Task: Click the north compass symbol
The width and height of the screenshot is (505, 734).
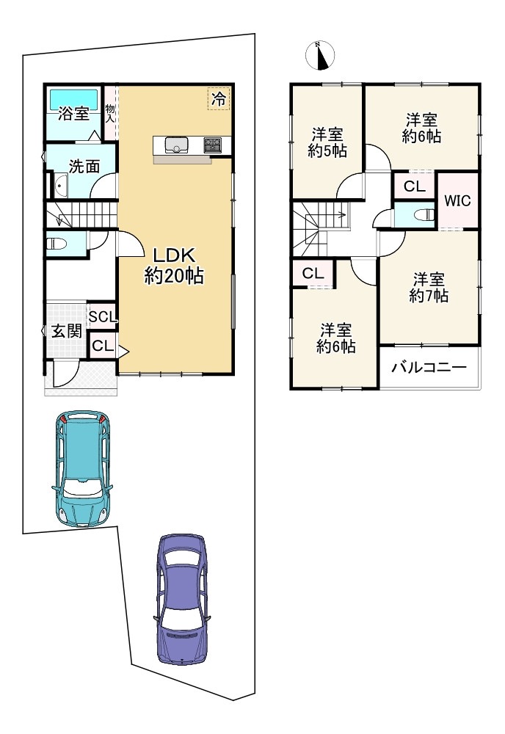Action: pos(319,55)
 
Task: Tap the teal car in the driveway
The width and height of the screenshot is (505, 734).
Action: pos(82,469)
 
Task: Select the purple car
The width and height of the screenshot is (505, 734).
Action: pos(181,599)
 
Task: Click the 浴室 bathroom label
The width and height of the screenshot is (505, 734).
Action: pos(73,113)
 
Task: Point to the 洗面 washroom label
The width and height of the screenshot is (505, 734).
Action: pos(84,166)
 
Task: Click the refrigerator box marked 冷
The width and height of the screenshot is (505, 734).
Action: pos(219,99)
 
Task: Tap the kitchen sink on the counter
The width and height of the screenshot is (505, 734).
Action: pos(176,145)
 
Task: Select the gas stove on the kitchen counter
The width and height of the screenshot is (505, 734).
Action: pos(214,145)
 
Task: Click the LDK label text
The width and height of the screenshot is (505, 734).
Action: pos(174,256)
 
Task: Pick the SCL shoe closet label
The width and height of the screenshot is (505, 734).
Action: pos(103,317)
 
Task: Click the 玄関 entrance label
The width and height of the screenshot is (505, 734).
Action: pos(67,331)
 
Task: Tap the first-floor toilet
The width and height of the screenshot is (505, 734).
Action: pos(57,244)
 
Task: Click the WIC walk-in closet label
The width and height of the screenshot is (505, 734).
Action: pos(457,201)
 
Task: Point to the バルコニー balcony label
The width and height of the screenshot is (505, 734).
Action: pos(429,366)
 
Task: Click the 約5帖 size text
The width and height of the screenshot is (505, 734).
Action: pos(327,151)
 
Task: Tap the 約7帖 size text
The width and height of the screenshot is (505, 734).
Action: pos(429,295)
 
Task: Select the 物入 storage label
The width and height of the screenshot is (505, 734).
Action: pos(110,113)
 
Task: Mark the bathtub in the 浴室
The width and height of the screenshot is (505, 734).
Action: pos(73,98)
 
